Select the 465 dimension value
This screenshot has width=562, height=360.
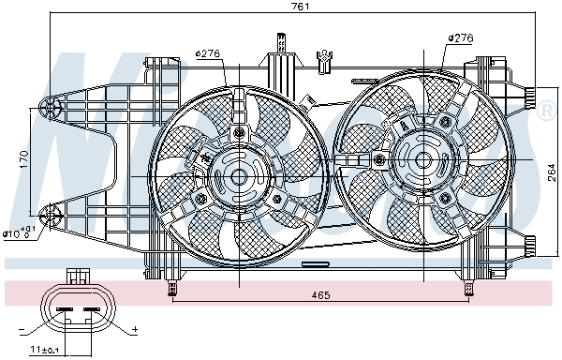(x=322, y=296)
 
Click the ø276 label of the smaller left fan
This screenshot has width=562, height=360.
(x=207, y=52)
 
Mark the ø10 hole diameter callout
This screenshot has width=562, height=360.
(x=18, y=232)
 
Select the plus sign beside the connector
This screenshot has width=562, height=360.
(x=135, y=330)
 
